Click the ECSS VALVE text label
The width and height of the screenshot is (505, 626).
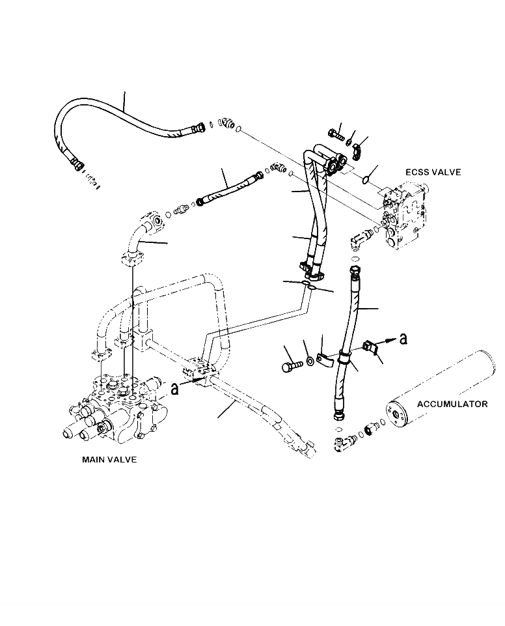click(x=433, y=172)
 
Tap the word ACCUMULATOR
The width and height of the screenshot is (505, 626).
click(x=452, y=404)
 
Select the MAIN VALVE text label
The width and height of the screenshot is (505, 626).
click(x=109, y=459)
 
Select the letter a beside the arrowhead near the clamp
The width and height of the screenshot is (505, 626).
click(x=403, y=337)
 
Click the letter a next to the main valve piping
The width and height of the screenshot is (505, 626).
click(x=174, y=388)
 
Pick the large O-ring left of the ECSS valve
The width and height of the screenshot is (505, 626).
click(x=369, y=176)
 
